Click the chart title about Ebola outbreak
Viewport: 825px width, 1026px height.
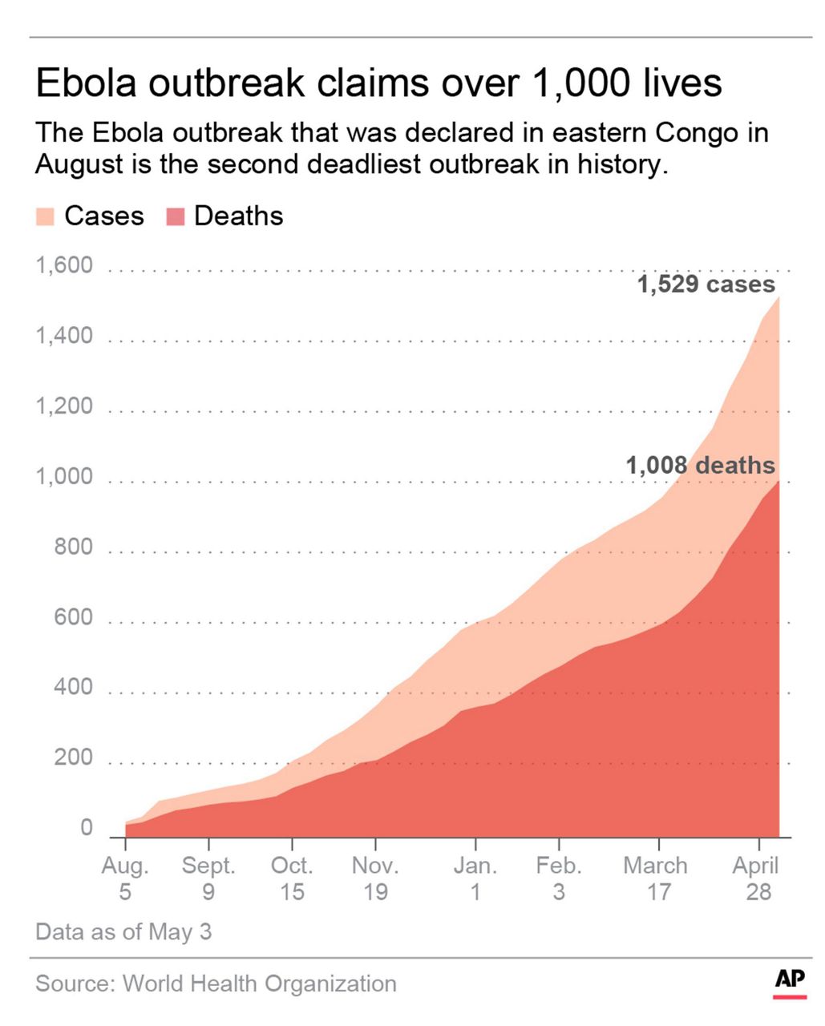[x=378, y=83]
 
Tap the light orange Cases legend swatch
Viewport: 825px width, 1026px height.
[x=45, y=216]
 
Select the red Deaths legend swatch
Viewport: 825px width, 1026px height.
[x=175, y=216]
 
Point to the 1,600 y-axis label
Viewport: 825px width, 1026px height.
[x=64, y=265]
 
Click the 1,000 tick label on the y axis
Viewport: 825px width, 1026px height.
[x=64, y=477]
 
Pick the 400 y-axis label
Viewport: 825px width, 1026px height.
[x=73, y=688]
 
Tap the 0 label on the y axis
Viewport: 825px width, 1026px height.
[x=87, y=828]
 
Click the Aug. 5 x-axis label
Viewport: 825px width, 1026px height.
[x=125, y=879]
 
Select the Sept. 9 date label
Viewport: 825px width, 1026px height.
[x=208, y=879]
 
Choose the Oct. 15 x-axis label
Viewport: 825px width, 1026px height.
[x=292, y=879]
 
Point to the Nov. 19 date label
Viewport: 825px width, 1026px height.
[x=375, y=879]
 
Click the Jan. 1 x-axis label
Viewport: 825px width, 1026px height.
[x=475, y=879]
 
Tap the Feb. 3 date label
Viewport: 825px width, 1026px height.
[x=559, y=879]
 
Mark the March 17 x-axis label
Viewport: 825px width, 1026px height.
[x=656, y=879]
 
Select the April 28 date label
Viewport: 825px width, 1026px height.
[x=757, y=879]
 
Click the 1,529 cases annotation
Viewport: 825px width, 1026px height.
[x=706, y=285]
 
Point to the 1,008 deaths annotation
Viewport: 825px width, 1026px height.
[x=700, y=466]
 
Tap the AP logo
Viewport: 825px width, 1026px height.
[x=790, y=981]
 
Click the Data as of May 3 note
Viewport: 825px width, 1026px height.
[x=123, y=932]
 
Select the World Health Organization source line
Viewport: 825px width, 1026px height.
[x=216, y=984]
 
